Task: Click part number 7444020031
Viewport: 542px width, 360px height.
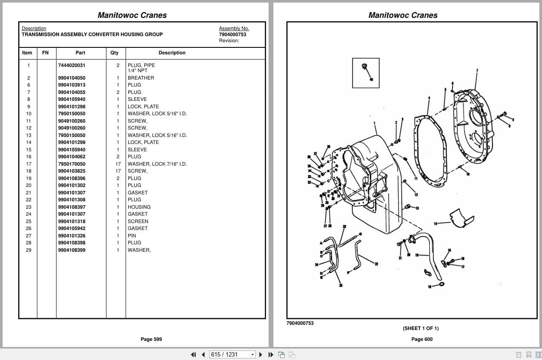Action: point(72,65)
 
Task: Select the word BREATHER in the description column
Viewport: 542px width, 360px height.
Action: point(141,78)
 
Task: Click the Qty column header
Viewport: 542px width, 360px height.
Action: point(114,53)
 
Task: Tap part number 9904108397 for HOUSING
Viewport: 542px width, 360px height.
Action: point(72,207)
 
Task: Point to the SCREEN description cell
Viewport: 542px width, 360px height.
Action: point(138,221)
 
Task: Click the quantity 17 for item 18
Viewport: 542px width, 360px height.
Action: point(118,171)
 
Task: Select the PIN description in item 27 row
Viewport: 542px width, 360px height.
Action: point(132,236)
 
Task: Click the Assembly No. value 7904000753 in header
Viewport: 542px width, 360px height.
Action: point(233,34)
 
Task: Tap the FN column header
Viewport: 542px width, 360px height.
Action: point(46,53)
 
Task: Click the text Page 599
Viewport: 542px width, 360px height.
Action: point(151,339)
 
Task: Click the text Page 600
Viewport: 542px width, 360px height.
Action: point(422,339)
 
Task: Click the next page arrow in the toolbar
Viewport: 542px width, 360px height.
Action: point(261,354)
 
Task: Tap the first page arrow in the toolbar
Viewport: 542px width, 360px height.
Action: point(193,354)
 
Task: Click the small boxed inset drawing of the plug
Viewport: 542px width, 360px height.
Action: point(366,73)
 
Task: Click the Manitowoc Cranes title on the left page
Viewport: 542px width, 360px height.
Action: point(132,15)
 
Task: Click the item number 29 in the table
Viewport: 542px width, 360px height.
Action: point(29,250)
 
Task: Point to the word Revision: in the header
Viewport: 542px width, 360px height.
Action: point(229,40)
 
